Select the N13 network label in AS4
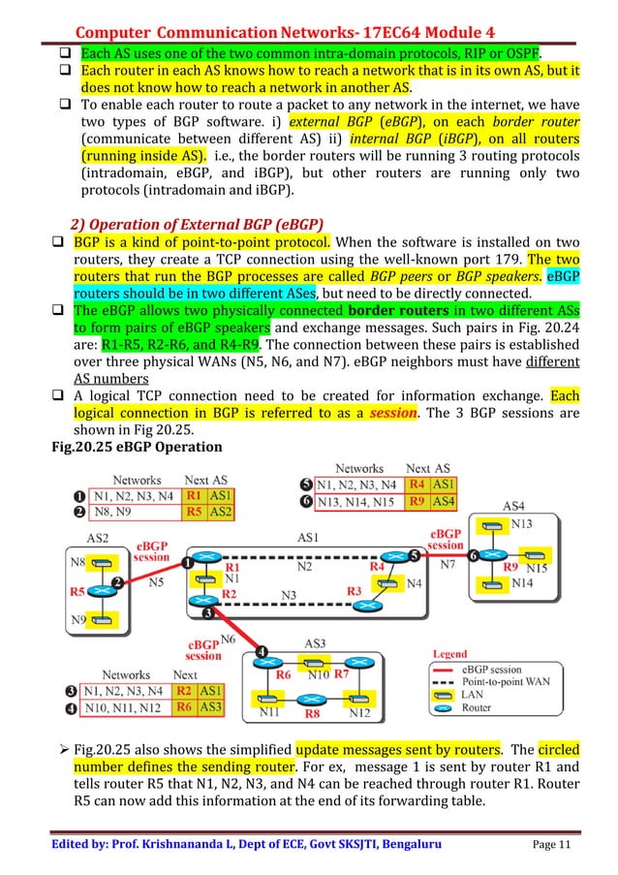520,524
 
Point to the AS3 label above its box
316,642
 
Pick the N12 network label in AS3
359,714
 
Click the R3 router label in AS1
355,589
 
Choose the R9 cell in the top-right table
417,502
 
